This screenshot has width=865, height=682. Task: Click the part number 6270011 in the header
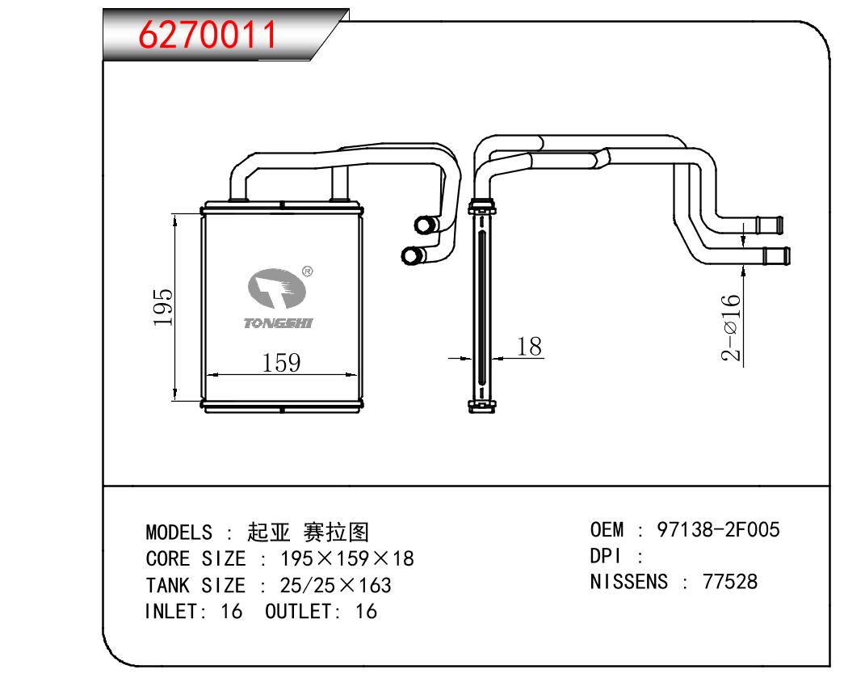pyautogui.click(x=208, y=34)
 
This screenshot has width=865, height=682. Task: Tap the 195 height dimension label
pyautogui.click(x=162, y=307)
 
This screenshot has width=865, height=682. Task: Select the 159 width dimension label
pyautogui.click(x=282, y=363)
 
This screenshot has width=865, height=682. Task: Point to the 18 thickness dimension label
pyautogui.click(x=529, y=347)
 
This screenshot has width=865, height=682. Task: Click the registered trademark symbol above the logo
pyautogui.click(x=307, y=272)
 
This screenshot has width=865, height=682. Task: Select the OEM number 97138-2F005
pyautogui.click(x=718, y=530)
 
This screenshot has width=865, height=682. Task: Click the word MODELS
pyautogui.click(x=178, y=533)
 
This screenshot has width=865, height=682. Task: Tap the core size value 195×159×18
pyautogui.click(x=346, y=558)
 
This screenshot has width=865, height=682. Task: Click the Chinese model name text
pyautogui.click(x=308, y=532)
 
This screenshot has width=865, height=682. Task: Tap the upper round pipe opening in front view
pyautogui.click(x=422, y=225)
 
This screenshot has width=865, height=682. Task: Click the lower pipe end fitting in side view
pyautogui.click(x=776, y=256)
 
